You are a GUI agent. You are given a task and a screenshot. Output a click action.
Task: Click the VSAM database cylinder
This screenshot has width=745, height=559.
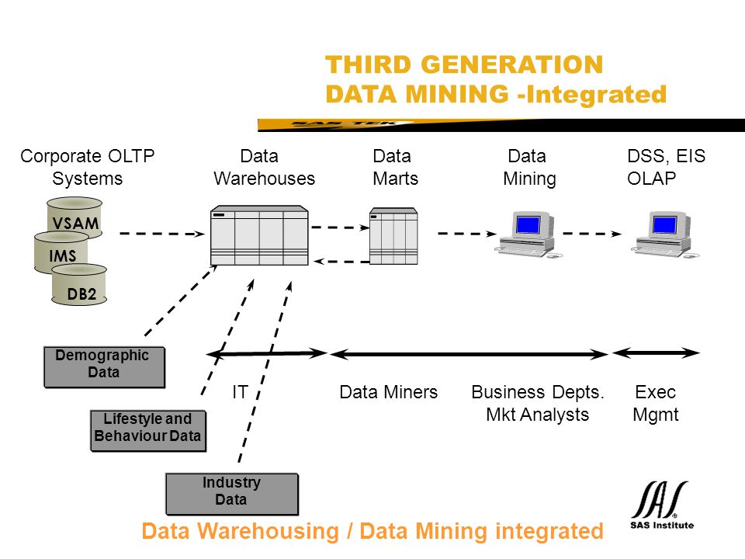(74, 217)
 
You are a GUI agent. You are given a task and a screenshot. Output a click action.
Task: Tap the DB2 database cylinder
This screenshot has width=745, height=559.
(79, 284)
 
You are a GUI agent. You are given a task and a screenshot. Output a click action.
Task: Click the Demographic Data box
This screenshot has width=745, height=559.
(104, 367)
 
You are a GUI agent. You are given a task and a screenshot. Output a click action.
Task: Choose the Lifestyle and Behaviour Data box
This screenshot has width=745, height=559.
(148, 431)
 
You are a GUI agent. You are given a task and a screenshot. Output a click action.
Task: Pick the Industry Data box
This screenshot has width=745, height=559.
(232, 494)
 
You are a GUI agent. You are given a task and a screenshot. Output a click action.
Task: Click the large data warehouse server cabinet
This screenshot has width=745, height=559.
(259, 235)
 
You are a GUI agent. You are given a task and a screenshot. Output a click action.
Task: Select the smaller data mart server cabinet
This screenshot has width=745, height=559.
(393, 236)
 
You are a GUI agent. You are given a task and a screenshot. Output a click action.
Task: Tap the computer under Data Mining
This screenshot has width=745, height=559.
(528, 234)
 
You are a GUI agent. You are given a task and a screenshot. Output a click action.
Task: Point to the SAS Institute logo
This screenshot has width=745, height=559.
(661, 505)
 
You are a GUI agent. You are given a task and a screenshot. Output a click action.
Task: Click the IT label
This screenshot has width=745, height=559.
(240, 392)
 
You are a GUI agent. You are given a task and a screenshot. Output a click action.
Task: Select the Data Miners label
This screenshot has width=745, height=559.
(388, 392)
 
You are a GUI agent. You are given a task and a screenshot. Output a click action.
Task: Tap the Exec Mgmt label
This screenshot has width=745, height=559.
(656, 403)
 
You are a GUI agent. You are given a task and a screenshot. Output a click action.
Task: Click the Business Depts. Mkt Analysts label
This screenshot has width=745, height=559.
(537, 403)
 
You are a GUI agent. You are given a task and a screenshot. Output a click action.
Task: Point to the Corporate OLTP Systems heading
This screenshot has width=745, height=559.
(88, 168)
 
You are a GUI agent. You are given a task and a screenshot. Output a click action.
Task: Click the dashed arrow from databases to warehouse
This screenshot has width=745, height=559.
(162, 234)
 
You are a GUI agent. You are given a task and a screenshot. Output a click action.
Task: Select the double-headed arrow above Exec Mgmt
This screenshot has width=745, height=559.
(656, 352)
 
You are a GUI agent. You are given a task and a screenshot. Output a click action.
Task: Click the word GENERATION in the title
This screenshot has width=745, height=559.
(511, 64)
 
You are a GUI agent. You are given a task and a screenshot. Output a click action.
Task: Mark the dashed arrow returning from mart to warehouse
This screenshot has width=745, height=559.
(341, 262)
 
